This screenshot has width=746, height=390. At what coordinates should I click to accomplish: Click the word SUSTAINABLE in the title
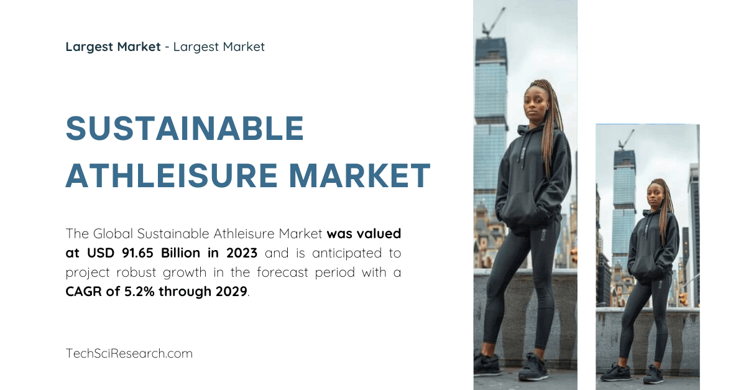coord(185,129)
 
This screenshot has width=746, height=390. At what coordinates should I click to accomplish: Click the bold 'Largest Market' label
coord(113,47)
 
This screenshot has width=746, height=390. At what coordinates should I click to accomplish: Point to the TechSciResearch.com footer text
coord(129,353)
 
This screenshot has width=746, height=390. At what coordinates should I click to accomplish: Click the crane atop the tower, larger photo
coord(494,22)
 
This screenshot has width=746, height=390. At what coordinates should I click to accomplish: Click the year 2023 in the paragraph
coord(241,253)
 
